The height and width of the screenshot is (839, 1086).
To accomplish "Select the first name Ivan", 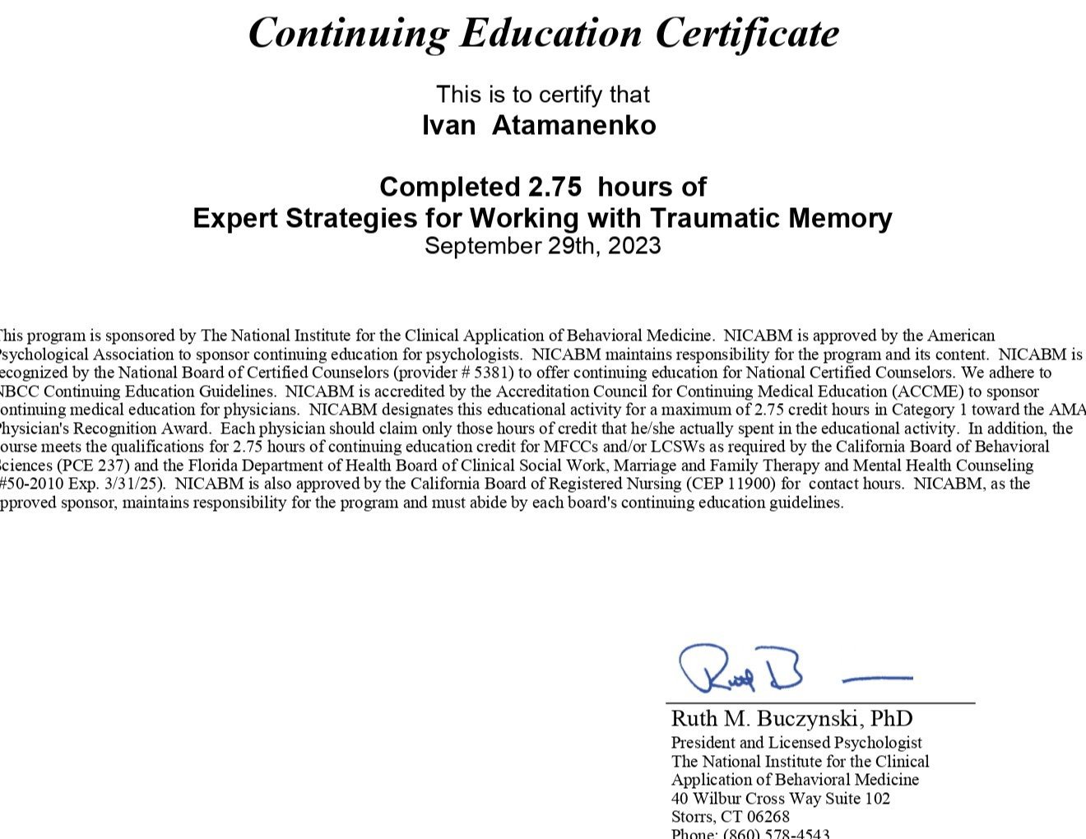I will pyautogui.click(x=448, y=126).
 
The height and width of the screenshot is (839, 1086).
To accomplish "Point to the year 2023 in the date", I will pyautogui.click(x=634, y=246).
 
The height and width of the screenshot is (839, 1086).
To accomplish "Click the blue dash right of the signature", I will pyautogui.click(x=878, y=679).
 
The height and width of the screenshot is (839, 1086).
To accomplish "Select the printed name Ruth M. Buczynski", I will pyautogui.click(x=766, y=718).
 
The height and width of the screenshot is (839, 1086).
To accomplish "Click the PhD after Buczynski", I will pyautogui.click(x=892, y=718).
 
